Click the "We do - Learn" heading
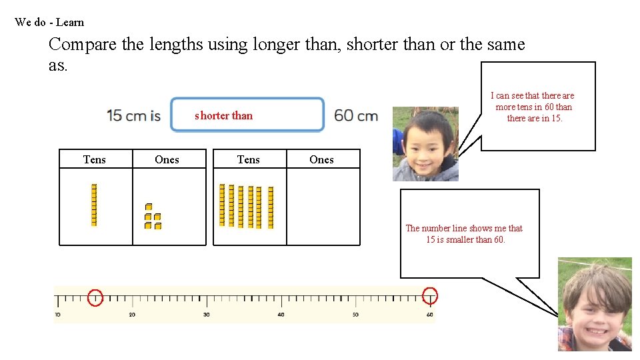pyautogui.click(x=49, y=22)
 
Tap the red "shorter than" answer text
pyautogui.click(x=223, y=115)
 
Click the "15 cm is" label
pyautogui.click(x=133, y=115)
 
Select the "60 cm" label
pyautogui.click(x=356, y=115)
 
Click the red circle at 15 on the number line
pyautogui.click(x=95, y=297)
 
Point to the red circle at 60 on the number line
pyautogui.click(x=430, y=295)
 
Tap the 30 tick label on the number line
pyautogui.click(x=206, y=315)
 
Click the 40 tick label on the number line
pyautogui.click(x=281, y=315)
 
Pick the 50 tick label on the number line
pyautogui.click(x=355, y=315)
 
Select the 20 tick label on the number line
pyautogui.click(x=132, y=315)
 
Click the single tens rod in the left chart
pyautogui.click(x=94, y=205)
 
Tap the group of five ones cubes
pyautogui.click(x=153, y=217)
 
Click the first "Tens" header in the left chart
pyautogui.click(x=94, y=159)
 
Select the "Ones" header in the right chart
pyautogui.click(x=321, y=159)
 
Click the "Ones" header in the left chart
pyautogui.click(x=167, y=159)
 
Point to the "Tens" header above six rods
pyautogui.click(x=249, y=159)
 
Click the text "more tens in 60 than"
pyautogui.click(x=533, y=107)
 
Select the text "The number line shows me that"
pyautogui.click(x=464, y=228)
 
